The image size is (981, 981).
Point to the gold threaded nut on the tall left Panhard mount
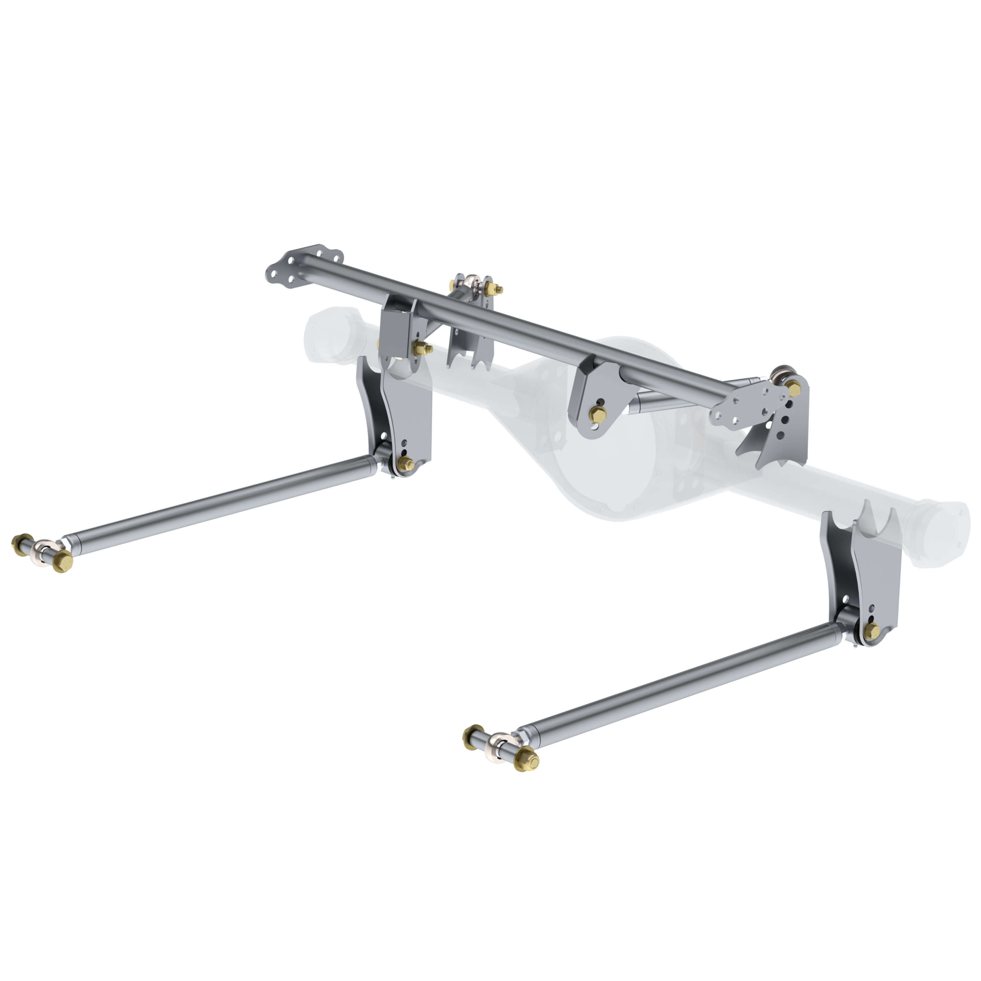pos(492,289)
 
